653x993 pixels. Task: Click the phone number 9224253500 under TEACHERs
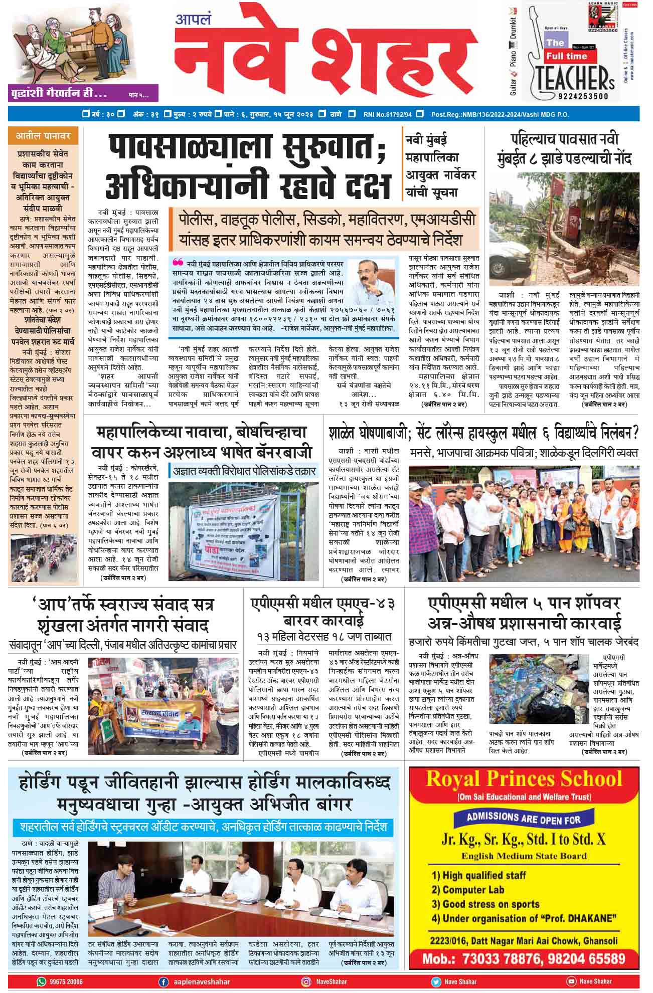point(582,96)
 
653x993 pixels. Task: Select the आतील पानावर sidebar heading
point(43,136)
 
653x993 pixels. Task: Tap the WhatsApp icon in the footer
point(41,981)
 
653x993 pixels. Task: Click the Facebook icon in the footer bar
point(163,981)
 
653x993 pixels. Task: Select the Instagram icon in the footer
point(305,981)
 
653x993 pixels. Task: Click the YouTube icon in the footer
point(571,981)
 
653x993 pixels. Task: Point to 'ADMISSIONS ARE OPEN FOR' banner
point(523,819)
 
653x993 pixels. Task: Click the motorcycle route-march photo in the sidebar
point(43,555)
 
